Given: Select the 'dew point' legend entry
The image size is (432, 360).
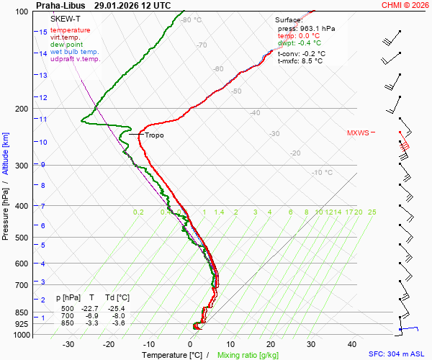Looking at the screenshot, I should pos(67,45).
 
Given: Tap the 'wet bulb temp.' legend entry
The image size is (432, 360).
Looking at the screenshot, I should pos(75,52).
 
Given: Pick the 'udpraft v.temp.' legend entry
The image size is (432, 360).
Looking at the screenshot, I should pos(76,59).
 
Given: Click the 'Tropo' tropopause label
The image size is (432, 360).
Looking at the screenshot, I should pos(154,135).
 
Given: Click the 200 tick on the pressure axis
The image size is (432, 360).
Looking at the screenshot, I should pos(20,109).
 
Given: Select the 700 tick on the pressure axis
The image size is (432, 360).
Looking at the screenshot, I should pos(20,285).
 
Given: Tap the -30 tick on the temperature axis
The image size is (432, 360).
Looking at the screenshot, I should pos(68,345).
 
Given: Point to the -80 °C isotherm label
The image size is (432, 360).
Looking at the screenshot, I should pos(191,20).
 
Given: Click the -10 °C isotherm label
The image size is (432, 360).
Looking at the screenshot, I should pos(322,173).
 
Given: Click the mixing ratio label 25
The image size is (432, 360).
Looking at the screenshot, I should pos(372,212).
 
